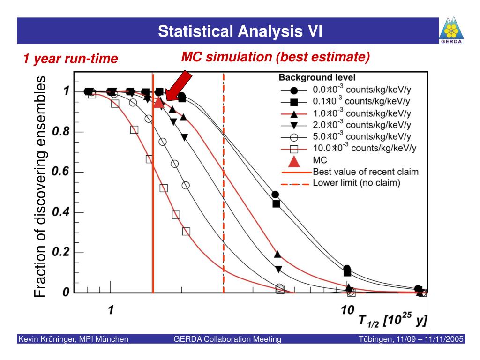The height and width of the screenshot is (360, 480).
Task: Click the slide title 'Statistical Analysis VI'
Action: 240,31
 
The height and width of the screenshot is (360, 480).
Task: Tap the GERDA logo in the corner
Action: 451,30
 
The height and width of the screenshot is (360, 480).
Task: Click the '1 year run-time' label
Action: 70,59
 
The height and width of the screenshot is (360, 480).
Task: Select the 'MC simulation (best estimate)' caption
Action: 276,57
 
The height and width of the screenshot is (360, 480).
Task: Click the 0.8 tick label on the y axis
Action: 61,132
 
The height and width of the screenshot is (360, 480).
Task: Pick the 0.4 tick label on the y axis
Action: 61,212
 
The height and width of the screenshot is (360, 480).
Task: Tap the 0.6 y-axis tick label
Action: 61,172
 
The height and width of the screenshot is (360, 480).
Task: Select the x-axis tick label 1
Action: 111,310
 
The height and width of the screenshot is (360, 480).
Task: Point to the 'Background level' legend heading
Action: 317,77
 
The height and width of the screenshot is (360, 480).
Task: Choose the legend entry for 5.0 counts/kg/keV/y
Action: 361,136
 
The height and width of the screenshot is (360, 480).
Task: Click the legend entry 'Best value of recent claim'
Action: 366,172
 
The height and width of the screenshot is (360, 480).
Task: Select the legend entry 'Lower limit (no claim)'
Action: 356,183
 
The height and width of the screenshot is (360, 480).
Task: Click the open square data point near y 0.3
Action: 186,231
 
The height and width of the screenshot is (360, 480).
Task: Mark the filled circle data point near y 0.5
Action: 275,195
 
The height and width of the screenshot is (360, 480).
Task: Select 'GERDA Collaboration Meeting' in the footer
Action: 227,339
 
